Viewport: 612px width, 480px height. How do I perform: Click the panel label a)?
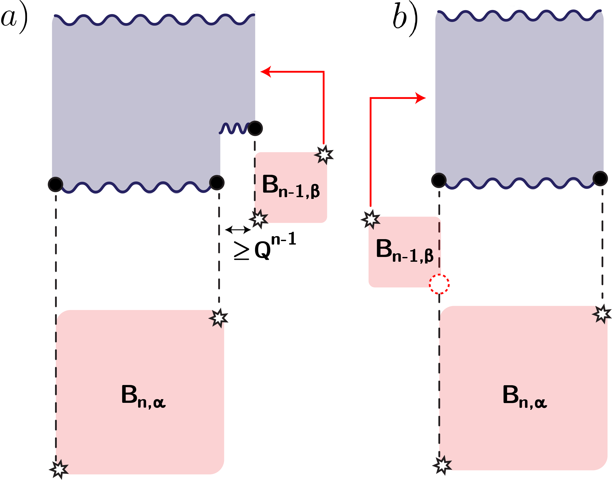pos(14,17)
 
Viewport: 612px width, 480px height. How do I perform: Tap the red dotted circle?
pos(439,284)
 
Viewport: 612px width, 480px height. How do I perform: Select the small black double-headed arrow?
pos(238,230)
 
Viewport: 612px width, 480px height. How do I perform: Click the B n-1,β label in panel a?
pos(290,186)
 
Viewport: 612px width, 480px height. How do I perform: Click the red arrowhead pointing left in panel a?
pos(266,72)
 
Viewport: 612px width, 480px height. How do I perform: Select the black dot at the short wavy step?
pos(255,128)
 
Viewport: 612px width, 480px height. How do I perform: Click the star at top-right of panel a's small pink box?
pos(324,154)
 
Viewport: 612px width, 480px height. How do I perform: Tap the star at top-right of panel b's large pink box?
pos(602,314)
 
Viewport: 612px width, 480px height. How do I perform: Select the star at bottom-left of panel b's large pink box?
pos(442,465)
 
